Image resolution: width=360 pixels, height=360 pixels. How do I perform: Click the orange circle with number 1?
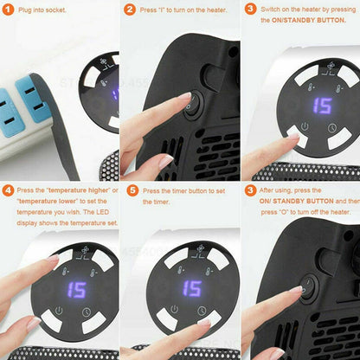(8, 10)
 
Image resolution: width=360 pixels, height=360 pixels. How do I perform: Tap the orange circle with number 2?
(129, 10)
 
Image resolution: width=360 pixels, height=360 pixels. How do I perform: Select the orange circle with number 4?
(8, 190)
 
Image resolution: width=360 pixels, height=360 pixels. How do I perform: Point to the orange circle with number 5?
(129, 190)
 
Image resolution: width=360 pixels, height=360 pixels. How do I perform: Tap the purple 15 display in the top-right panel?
(322, 106)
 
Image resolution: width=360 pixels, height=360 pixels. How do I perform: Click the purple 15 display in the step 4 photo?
(76, 290)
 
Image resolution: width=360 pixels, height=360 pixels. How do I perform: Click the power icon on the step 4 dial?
(59, 311)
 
